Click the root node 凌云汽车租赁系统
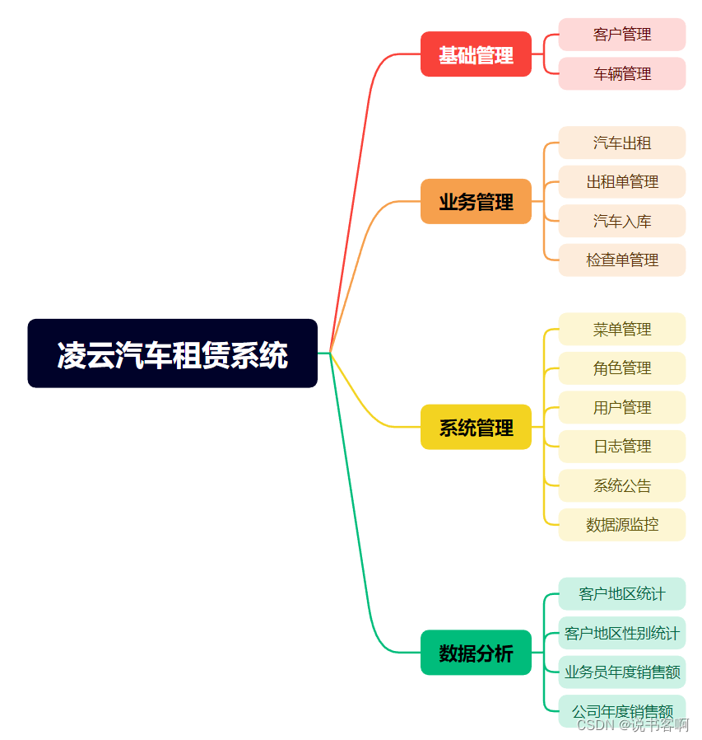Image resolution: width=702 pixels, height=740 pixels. [172, 354]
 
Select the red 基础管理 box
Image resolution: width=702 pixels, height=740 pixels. [476, 54]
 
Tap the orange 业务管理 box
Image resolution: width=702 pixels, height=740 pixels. [476, 201]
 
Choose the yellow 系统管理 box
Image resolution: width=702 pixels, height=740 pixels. [476, 427]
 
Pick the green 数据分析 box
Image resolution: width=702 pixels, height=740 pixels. [476, 653]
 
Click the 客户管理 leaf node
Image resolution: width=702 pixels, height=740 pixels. [621, 35]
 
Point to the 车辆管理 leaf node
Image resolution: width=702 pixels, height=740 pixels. [621, 73]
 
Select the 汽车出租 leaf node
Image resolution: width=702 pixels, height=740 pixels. [621, 143]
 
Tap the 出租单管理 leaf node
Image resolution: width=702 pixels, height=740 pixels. [621, 181]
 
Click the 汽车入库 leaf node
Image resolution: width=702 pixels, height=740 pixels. [621, 221]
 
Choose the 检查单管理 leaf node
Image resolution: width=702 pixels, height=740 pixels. [621, 260]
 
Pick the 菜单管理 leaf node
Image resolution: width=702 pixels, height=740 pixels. [621, 329]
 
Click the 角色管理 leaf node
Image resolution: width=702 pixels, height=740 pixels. [621, 368]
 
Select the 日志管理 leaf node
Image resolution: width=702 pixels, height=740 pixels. [621, 446]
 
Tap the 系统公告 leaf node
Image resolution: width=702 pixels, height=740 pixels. [621, 485]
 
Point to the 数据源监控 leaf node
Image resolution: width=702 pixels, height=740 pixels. [621, 524]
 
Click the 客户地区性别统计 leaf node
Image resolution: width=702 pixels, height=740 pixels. [621, 633]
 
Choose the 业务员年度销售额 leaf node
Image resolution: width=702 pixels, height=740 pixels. [621, 672]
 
